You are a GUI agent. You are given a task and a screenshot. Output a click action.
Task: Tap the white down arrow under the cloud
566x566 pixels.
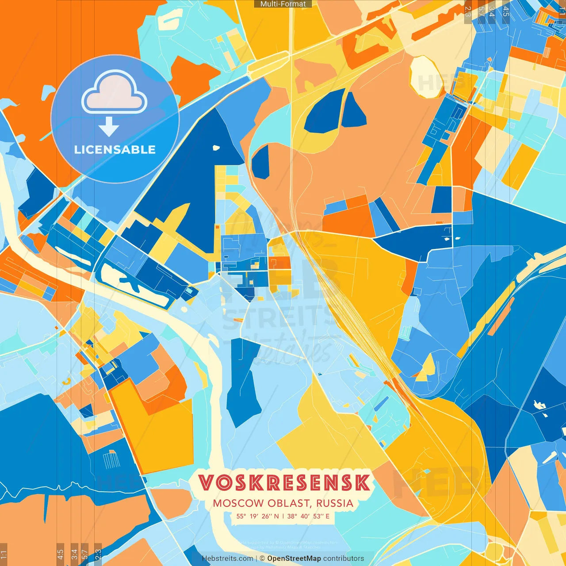coord(109,127)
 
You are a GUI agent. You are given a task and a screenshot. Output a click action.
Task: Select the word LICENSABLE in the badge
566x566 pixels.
coord(115,149)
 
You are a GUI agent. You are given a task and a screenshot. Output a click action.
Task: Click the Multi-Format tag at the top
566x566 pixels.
coord(283,4)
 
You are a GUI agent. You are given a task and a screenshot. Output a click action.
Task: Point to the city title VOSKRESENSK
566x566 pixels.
coord(284,483)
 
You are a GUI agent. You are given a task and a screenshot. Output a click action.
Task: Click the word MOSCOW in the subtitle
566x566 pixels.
coord(233,503)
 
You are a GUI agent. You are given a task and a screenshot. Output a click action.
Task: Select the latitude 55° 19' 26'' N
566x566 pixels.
coord(257,516)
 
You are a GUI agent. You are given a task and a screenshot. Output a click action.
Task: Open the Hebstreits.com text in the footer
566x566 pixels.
coord(228,558)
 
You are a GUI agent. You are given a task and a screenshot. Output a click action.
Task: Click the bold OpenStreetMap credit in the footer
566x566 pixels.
coord(294,558)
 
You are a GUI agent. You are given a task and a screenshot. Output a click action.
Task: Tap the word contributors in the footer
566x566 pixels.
coord(344,558)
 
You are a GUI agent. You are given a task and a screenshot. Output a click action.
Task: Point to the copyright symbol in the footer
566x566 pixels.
coord(262,558)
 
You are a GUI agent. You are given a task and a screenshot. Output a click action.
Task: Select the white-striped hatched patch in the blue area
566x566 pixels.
coord(111,460)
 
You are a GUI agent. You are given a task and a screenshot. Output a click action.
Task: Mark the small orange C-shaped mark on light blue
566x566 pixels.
coord(66,381)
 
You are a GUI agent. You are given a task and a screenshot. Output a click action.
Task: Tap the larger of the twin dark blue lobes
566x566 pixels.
coord(325,111)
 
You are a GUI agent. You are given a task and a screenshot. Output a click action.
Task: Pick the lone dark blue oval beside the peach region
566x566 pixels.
coord(260,162)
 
